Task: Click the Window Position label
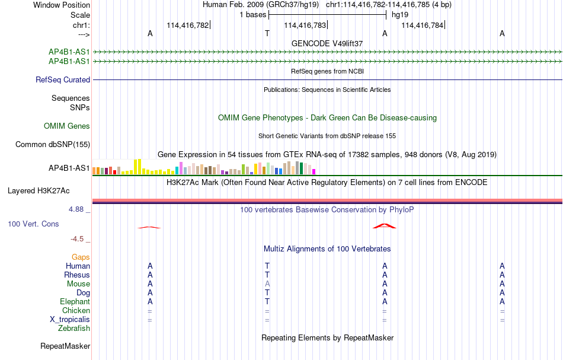[x=62, y=5]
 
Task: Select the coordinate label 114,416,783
[x=305, y=25]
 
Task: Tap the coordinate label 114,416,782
[x=187, y=25]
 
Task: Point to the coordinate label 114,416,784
[x=422, y=25]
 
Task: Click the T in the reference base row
[x=267, y=33]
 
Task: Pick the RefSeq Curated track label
[x=63, y=79]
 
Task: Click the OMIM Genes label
[x=67, y=126]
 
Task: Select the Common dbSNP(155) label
[x=53, y=145]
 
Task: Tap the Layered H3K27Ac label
[x=39, y=191]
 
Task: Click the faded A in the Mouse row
[x=267, y=284]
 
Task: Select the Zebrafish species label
[x=74, y=329]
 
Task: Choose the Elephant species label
[x=75, y=302]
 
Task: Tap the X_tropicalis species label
[x=70, y=320]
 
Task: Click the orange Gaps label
[x=81, y=257]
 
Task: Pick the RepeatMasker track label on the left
[x=65, y=346]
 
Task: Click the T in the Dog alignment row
[x=267, y=293]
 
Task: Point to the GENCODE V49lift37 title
[x=327, y=43]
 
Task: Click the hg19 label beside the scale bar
[x=400, y=15]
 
